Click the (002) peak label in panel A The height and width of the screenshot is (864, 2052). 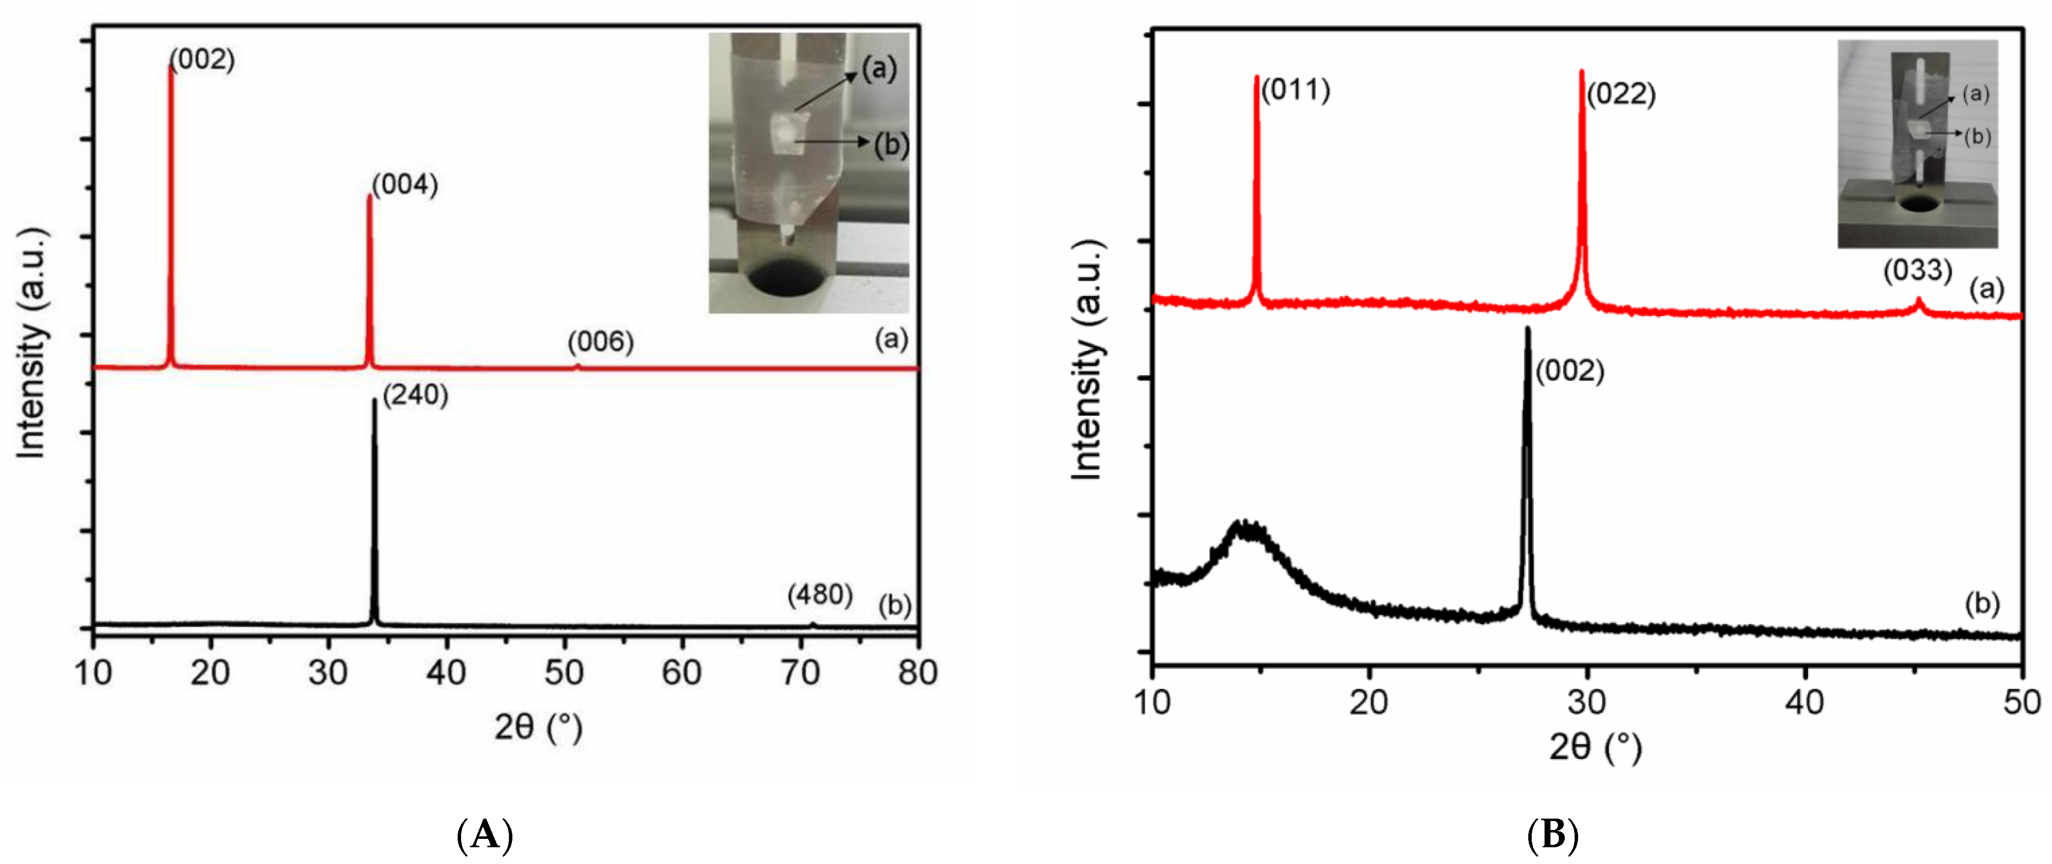pyautogui.click(x=202, y=60)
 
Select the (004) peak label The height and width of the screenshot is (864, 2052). pyautogui.click(x=405, y=185)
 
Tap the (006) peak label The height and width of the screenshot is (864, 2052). pyautogui.click(x=601, y=342)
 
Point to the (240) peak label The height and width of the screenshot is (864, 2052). pyautogui.click(x=415, y=395)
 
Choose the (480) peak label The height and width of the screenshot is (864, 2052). pyautogui.click(x=820, y=595)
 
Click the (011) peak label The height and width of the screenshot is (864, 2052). pyautogui.click(x=1295, y=90)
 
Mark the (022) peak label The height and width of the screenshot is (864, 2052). pyautogui.click(x=1621, y=95)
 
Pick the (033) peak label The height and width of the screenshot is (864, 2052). pyautogui.click(x=1917, y=271)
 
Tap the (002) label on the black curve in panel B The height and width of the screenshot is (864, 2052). pyautogui.click(x=1569, y=371)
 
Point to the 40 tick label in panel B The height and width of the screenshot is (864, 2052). pyautogui.click(x=1804, y=702)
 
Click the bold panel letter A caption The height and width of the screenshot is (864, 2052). pyautogui.click(x=485, y=836)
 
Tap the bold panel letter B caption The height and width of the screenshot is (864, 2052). pyautogui.click(x=1552, y=836)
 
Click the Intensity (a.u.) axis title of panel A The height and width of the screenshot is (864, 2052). pyautogui.click(x=32, y=342)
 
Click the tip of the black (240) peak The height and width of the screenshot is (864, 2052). pyautogui.click(x=374, y=400)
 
